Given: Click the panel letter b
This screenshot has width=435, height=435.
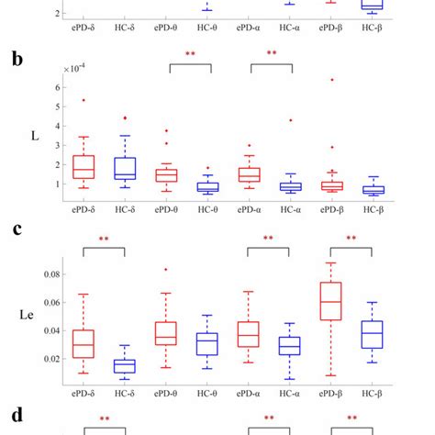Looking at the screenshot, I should tap(17, 60).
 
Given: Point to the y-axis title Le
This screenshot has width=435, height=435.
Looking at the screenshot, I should tap(28, 316).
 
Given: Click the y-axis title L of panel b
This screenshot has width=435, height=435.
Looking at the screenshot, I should tap(33, 135).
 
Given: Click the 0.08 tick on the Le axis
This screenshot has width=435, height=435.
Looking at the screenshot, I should tap(49, 274).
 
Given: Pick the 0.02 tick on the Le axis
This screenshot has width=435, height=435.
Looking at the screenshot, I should tap(49, 359).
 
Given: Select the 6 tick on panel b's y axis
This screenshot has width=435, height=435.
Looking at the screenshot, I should tap(57, 87).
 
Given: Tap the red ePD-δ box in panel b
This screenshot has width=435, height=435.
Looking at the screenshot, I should tap(84, 166).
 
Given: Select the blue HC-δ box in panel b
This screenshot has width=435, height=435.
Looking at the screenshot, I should tap(124, 168).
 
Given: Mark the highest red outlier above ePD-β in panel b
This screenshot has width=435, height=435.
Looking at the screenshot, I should tap(331, 80).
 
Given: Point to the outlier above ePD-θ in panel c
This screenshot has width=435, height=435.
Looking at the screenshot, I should tap(166, 270).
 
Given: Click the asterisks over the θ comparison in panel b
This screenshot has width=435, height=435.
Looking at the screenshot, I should tap(190, 55).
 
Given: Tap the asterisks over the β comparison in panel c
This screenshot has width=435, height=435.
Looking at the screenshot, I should tap(351, 239).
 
